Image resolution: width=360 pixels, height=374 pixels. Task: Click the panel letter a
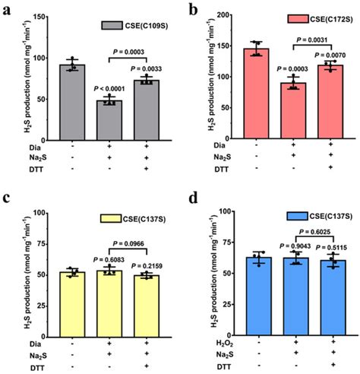click(8, 11)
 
